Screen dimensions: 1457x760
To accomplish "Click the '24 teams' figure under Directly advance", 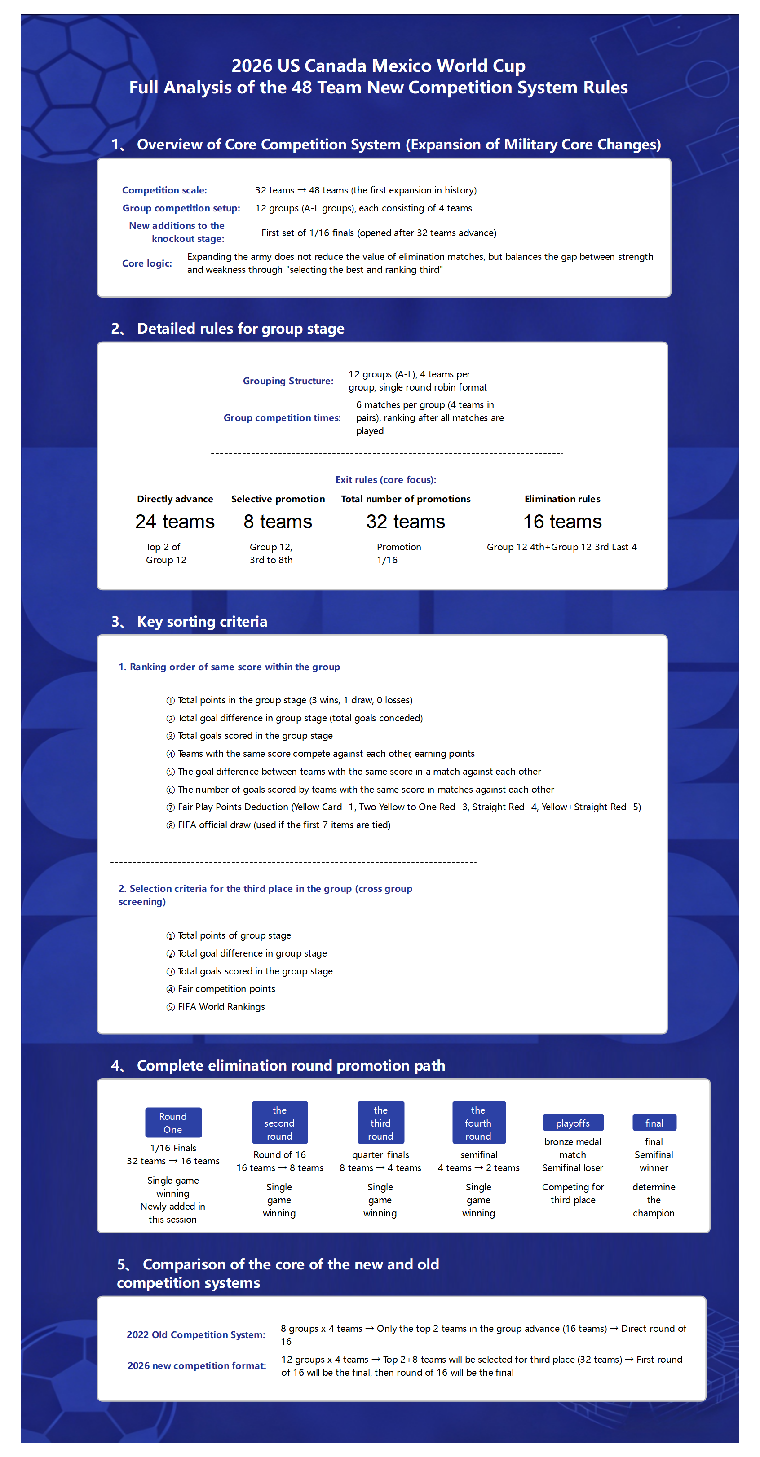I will point(174,522).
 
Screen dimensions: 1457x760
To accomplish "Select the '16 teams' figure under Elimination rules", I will point(562,522).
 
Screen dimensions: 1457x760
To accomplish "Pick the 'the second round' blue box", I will point(279,1123).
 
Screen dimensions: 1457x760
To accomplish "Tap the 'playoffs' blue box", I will point(573,1123).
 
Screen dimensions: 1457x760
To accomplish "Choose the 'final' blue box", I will point(654,1123).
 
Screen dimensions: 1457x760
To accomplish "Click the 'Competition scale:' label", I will point(165,190).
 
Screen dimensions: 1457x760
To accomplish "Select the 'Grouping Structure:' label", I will point(288,381).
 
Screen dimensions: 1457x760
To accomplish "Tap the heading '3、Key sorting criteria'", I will point(190,622).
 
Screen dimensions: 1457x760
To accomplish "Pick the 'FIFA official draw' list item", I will point(283,825).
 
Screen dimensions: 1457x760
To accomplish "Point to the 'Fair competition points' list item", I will point(226,989).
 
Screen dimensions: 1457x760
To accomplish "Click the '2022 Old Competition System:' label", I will point(196,1334).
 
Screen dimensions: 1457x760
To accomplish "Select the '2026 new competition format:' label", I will point(196,1365).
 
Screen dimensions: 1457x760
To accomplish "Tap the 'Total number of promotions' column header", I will point(405,499).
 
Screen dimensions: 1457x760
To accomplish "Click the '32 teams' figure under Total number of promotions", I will point(405,522).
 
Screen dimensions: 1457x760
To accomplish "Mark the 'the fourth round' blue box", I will point(478,1123).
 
